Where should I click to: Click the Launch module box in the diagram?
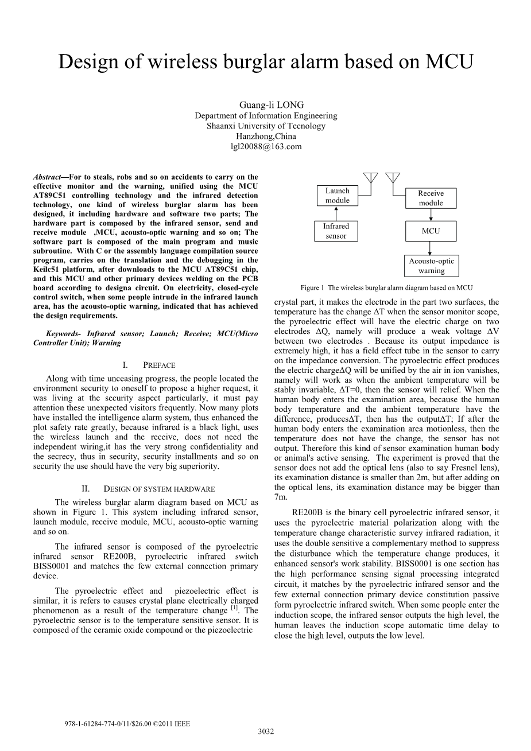click(337, 196)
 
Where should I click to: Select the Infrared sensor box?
click(336, 231)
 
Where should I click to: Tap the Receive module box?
click(431, 199)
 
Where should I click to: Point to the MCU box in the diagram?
click(431, 231)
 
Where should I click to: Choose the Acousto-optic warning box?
click(431, 266)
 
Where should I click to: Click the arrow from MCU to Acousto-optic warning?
click(431, 248)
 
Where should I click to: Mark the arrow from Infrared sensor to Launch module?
click(336, 213)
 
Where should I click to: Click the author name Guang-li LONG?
click(266, 105)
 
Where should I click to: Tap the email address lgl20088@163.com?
click(266, 147)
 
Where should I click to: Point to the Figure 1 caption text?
click(387, 287)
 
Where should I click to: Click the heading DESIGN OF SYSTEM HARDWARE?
click(159, 489)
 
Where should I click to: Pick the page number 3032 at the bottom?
click(266, 731)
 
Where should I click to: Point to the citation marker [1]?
click(234, 608)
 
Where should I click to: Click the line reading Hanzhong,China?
click(266, 137)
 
